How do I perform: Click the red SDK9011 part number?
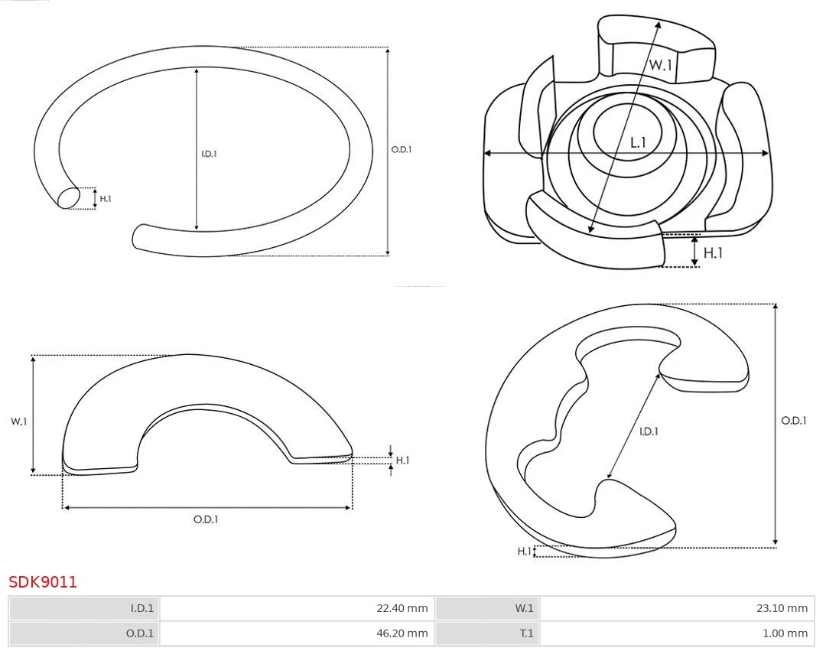click(x=43, y=582)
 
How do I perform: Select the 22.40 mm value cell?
click(x=297, y=608)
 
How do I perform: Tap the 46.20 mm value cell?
click(x=297, y=633)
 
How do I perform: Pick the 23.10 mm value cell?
click(x=677, y=608)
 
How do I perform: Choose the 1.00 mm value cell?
click(x=677, y=633)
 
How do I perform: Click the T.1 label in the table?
click(x=526, y=633)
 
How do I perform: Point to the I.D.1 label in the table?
click(x=142, y=608)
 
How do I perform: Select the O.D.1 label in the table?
click(x=140, y=633)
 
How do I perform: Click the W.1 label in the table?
click(x=524, y=608)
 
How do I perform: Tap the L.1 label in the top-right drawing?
click(x=638, y=142)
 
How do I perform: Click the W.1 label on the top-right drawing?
click(x=661, y=65)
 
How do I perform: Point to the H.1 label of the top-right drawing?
click(x=713, y=253)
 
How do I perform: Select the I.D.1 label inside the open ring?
click(x=209, y=154)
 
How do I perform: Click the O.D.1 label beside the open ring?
click(x=401, y=150)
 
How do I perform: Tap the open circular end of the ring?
click(x=68, y=198)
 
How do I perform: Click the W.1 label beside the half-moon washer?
click(x=18, y=422)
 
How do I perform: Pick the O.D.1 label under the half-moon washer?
click(x=206, y=519)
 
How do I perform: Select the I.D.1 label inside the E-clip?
click(x=649, y=431)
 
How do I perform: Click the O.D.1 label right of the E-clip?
click(x=793, y=420)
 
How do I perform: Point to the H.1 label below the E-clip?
click(x=524, y=551)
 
